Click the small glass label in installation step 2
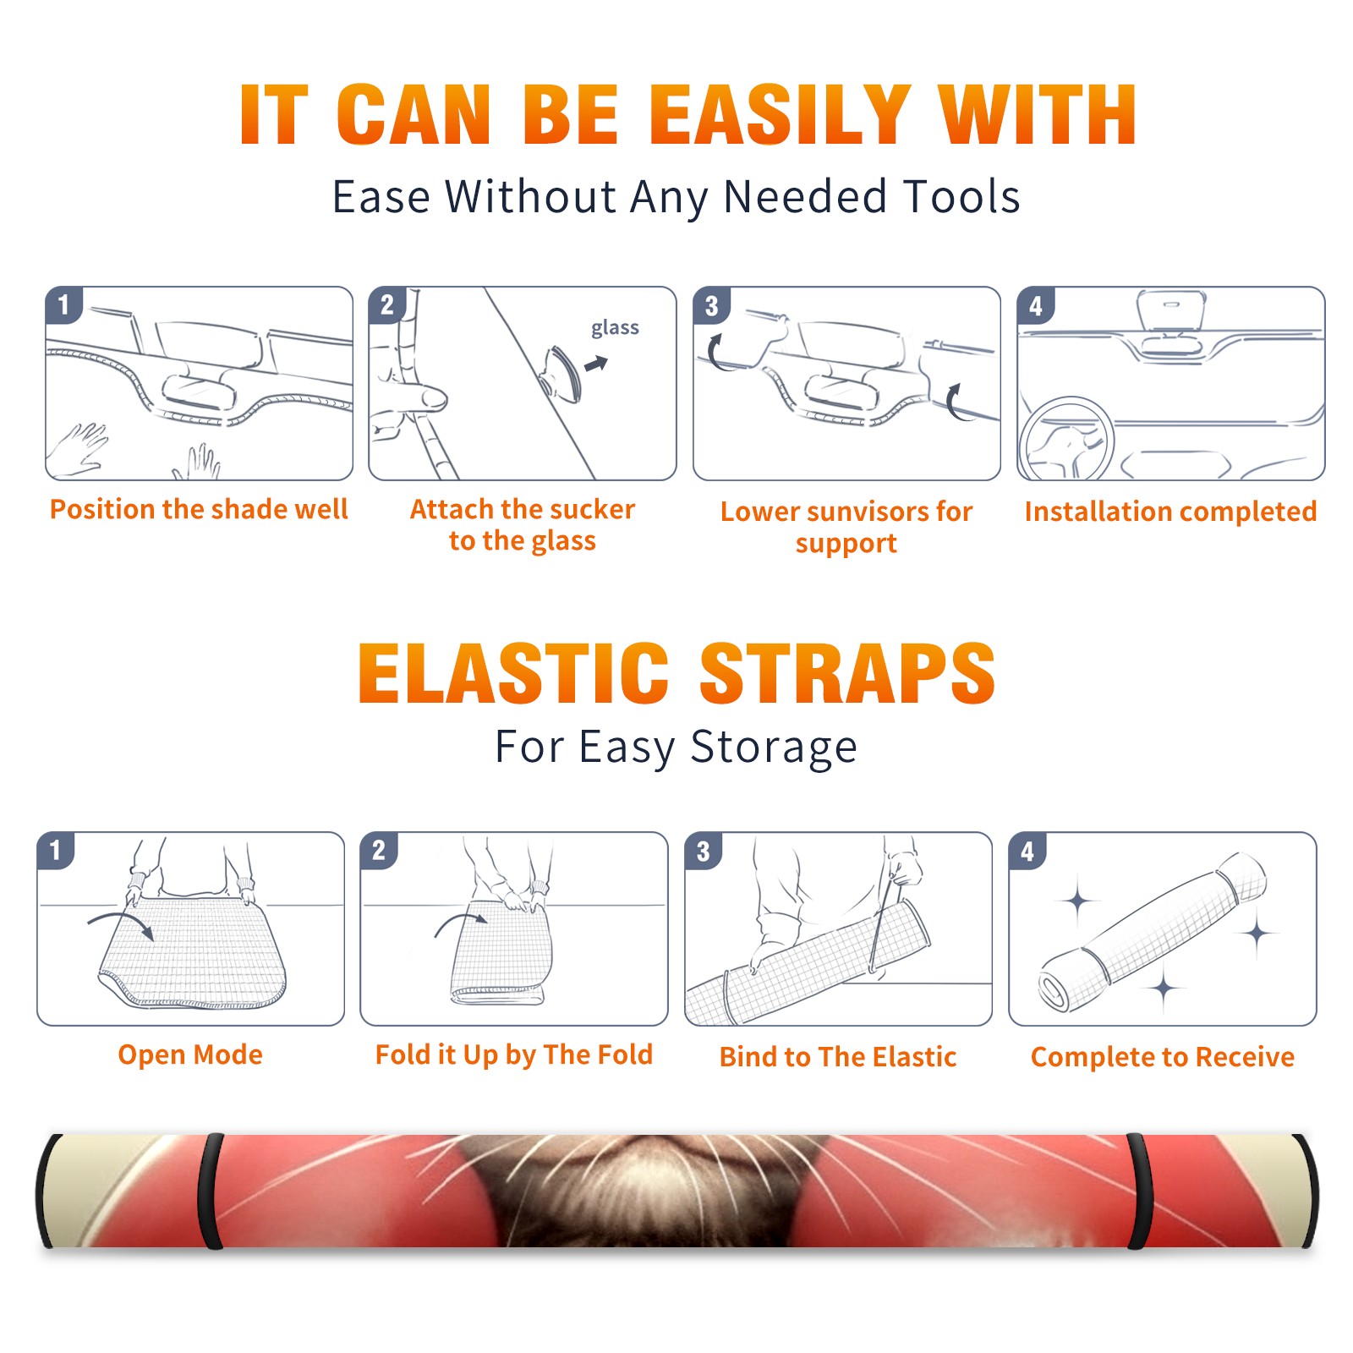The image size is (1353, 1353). (x=615, y=327)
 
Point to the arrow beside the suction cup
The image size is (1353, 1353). (x=597, y=364)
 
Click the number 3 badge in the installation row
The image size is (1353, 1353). (x=711, y=306)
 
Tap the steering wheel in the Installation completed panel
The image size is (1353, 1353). (x=1065, y=440)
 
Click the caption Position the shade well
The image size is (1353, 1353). (x=199, y=509)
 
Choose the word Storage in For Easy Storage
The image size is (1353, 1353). (x=774, y=748)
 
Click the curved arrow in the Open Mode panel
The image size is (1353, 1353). (x=123, y=922)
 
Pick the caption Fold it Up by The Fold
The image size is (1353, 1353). (x=514, y=1054)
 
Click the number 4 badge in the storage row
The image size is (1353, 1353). (x=1027, y=851)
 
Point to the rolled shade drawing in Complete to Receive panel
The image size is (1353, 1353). (x=1152, y=932)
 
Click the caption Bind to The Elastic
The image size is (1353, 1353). (x=838, y=1057)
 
